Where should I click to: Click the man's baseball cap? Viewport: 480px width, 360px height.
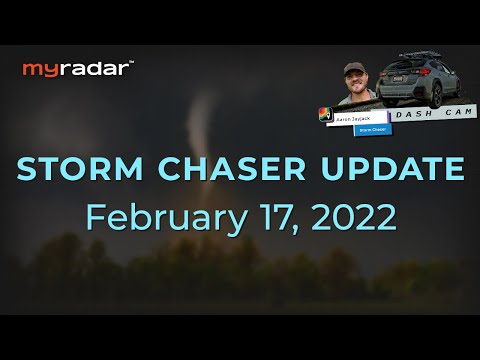click(354, 69)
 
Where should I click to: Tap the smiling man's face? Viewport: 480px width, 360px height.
click(355, 83)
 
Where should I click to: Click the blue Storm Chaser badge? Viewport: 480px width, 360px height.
click(371, 130)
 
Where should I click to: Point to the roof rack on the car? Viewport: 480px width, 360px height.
click(426, 55)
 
